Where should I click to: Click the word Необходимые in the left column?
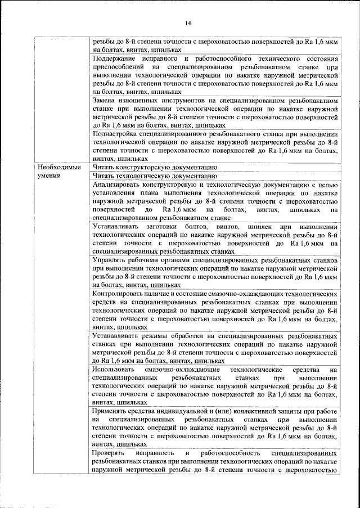pyautogui.click(x=59, y=168)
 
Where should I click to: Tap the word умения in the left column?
pyautogui.click(x=49, y=176)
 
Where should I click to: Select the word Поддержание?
pyautogui.click(x=116, y=59)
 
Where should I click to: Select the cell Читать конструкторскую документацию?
pyautogui.click(x=152, y=168)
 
